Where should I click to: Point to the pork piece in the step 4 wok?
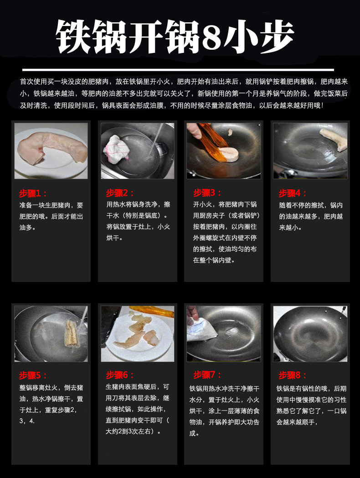[334, 139]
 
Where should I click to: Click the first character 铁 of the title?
[73, 36]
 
